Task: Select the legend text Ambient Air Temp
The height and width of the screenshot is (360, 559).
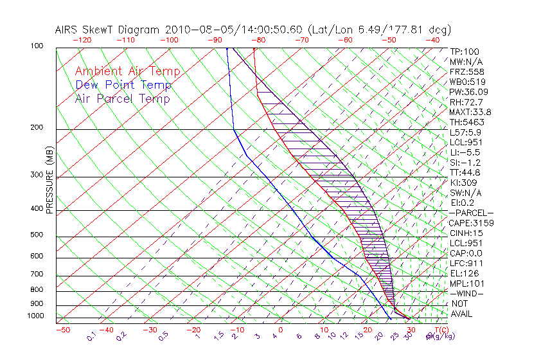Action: (x=127, y=71)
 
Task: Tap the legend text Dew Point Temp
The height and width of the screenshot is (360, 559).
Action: (x=123, y=85)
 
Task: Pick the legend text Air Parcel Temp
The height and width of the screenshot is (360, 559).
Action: (x=122, y=98)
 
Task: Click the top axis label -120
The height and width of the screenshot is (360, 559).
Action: (x=82, y=39)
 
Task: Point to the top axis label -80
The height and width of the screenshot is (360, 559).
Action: (x=258, y=39)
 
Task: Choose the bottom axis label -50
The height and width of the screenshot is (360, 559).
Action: (x=62, y=330)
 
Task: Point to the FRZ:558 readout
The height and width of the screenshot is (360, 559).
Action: (x=465, y=72)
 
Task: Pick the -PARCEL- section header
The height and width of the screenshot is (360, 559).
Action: (x=471, y=213)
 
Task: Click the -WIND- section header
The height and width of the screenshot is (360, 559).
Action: (x=467, y=293)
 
